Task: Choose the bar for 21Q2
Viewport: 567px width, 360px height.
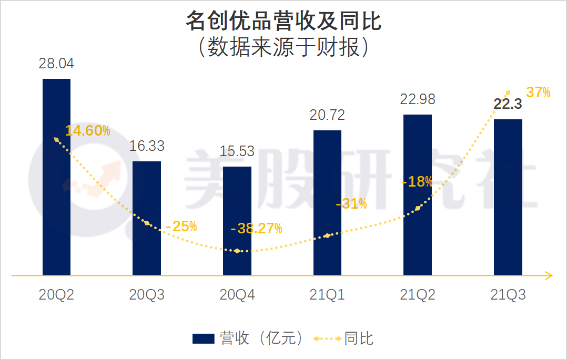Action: pyautogui.click(x=418, y=195)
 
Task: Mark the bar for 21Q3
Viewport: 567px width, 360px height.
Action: pyautogui.click(x=508, y=197)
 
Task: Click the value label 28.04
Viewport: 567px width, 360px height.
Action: pyautogui.click(x=56, y=64)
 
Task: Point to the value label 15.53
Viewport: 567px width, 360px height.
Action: pyautogui.click(x=237, y=151)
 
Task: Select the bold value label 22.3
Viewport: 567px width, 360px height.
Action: pyautogui.click(x=508, y=104)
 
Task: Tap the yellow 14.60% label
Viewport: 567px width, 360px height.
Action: pyautogui.click(x=88, y=131)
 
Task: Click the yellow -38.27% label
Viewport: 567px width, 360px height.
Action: pyautogui.click(x=256, y=229)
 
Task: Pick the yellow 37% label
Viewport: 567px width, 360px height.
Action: pyautogui.click(x=538, y=93)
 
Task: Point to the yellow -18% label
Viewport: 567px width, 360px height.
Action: pyautogui.click(x=417, y=182)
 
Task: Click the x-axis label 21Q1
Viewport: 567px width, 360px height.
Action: pyautogui.click(x=327, y=295)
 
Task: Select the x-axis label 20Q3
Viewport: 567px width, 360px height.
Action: pyautogui.click(x=147, y=295)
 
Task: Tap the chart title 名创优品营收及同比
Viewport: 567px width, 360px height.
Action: pyautogui.click(x=283, y=22)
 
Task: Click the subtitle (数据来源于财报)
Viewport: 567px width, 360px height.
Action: pyautogui.click(x=283, y=48)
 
